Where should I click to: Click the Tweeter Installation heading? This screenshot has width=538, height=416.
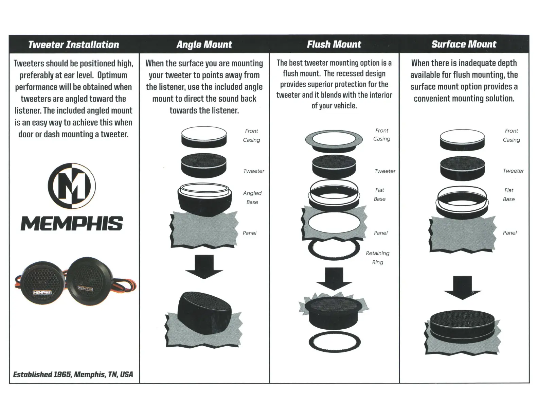pyautogui.click(x=73, y=45)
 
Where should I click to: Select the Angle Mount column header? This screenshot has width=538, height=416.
pyautogui.click(x=204, y=45)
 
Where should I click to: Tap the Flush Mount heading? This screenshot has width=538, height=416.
pyautogui.click(x=334, y=45)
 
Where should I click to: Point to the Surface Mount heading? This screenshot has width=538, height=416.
pyautogui.click(x=464, y=45)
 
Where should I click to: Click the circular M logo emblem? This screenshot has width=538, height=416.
pyautogui.click(x=72, y=186)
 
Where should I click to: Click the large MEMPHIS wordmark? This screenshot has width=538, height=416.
pyautogui.click(x=72, y=224)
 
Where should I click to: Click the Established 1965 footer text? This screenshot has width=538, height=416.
pyautogui.click(x=73, y=374)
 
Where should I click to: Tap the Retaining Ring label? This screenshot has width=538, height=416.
pyautogui.click(x=378, y=258)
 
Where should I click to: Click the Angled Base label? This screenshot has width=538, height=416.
pyautogui.click(x=252, y=197)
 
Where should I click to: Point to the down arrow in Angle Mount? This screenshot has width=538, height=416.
pyautogui.click(x=204, y=266)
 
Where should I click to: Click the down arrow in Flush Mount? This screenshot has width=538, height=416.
pyautogui.click(x=334, y=278)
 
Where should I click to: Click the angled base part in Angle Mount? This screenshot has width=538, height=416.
pyautogui.click(x=204, y=198)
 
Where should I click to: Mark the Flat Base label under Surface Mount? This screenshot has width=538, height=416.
pyautogui.click(x=509, y=195)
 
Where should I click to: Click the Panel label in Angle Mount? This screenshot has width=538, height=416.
pyautogui.click(x=249, y=233)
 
